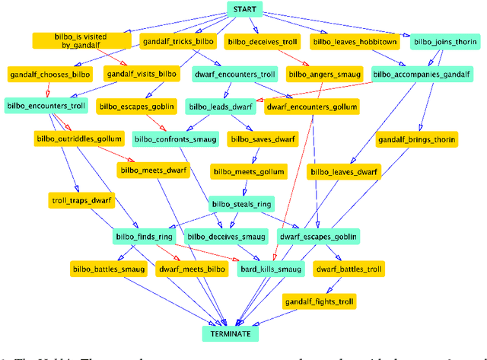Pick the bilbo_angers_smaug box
(322, 75)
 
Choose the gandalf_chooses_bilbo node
(50, 75)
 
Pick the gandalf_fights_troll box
(320, 301)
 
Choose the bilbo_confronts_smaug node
(175, 139)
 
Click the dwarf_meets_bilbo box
(192, 269)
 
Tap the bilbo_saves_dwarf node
(263, 139)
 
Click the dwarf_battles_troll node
(349, 269)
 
